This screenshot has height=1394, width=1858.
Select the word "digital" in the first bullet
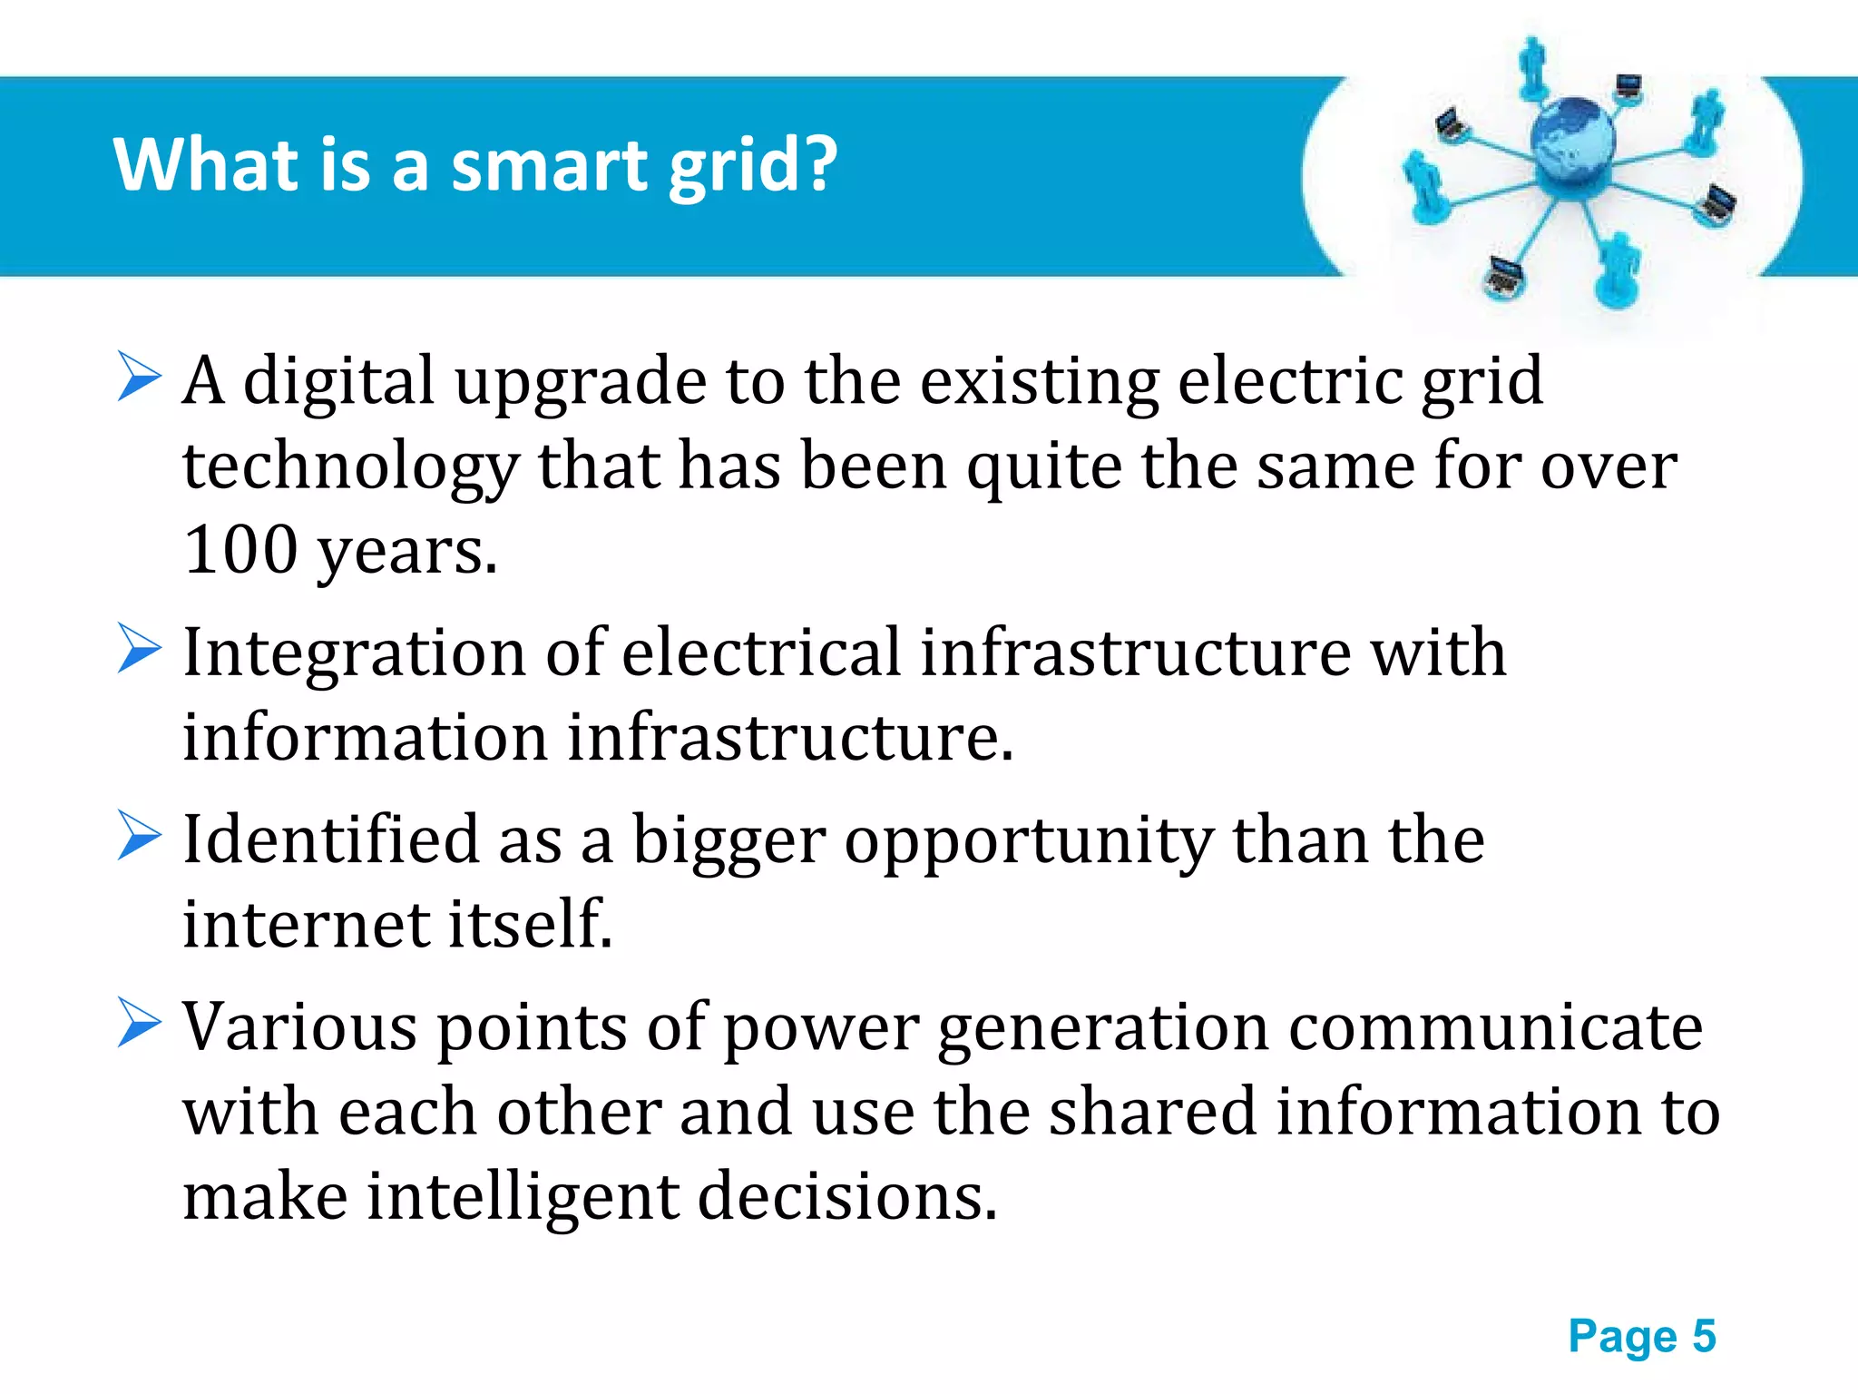(338, 381)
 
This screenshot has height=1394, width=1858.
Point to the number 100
(240, 550)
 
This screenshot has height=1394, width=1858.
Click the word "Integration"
(354, 653)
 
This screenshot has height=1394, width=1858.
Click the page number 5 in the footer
(1704, 1336)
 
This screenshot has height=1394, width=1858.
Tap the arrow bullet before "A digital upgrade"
(139, 378)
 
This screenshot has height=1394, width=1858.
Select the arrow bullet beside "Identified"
(139, 836)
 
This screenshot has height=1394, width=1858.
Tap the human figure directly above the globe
(1533, 65)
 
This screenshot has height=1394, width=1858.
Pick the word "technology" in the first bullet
(350, 467)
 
